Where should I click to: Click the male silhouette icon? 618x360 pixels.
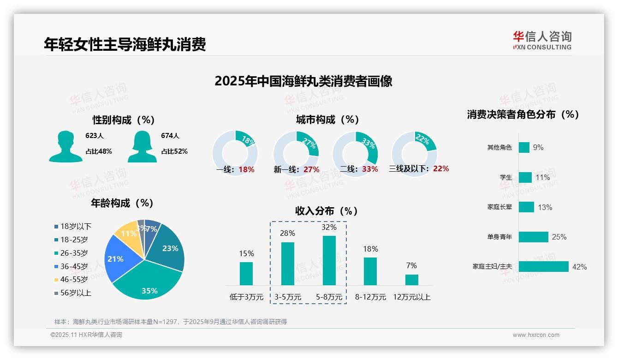65,146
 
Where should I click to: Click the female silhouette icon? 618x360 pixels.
142,146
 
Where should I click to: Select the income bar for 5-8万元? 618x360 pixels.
329,260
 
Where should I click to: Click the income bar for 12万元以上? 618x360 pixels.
412,280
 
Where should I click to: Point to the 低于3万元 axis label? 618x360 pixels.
246,297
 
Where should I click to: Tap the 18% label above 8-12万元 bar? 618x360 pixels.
370,249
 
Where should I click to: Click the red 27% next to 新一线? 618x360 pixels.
311,169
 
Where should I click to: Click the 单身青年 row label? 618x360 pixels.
499,237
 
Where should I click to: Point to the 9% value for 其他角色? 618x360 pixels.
538,147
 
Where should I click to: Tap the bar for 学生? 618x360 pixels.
525,177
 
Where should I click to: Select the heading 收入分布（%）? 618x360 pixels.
327,211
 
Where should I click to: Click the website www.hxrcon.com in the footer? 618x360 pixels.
536,335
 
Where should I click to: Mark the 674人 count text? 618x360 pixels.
170,136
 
